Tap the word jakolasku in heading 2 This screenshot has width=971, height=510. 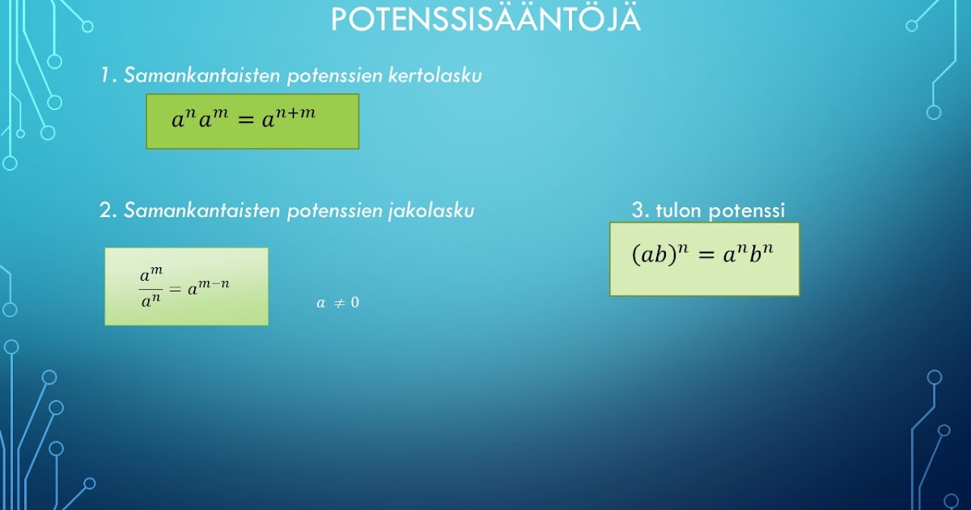point(430,211)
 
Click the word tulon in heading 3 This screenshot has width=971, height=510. point(680,211)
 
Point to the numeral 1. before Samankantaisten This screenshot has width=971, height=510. point(108,76)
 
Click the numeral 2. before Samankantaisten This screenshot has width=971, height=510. point(108,211)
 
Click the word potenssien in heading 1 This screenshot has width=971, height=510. point(327,77)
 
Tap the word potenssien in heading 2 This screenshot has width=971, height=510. point(327,212)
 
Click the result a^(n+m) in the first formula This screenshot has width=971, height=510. point(287,119)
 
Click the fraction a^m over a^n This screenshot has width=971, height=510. point(151,288)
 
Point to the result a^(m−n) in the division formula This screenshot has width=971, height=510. point(209,287)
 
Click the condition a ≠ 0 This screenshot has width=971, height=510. point(337,304)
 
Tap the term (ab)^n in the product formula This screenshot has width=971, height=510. point(658,253)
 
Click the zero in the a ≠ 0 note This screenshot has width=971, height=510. point(354,304)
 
